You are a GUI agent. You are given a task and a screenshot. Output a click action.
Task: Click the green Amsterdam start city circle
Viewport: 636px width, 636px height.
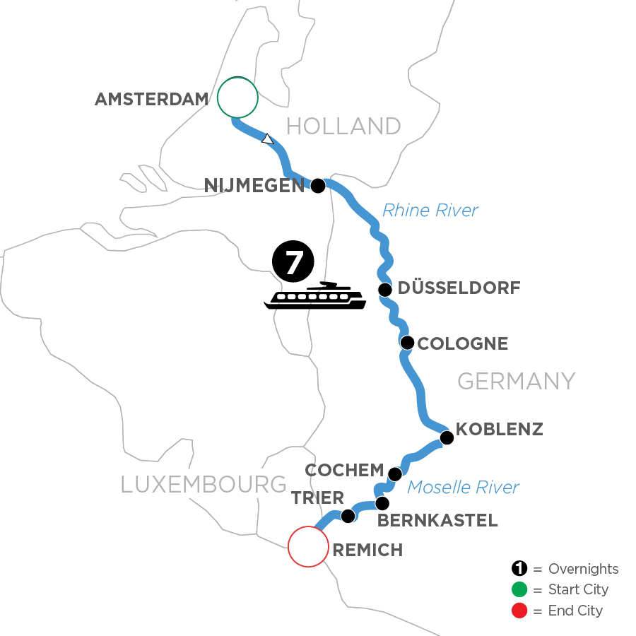237,98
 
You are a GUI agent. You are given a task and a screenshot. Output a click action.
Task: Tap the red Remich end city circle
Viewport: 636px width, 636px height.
308,546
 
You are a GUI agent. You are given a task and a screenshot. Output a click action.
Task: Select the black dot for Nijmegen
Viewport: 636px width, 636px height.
318,186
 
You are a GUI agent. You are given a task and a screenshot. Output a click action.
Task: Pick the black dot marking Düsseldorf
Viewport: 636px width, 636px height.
385,290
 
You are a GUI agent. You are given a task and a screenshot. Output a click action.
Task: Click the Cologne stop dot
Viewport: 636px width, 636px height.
407,343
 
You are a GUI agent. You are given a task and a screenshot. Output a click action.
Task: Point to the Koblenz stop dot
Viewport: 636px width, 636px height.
447,438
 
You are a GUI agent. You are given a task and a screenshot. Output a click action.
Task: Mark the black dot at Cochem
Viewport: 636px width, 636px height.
395,474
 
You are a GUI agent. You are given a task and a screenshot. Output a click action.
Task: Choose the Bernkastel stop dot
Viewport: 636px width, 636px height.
382,504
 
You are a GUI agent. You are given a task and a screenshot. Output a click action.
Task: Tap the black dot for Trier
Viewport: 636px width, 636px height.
348,517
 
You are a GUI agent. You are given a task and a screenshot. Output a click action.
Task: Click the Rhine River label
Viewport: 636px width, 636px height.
430,210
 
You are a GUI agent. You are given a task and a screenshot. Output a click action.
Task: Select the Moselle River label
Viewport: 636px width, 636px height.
464,487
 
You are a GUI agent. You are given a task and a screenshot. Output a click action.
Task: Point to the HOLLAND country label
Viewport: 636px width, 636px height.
343,126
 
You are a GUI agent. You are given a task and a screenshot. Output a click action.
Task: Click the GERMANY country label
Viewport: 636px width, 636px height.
516,382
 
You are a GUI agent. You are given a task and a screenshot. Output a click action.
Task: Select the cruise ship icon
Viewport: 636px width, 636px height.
315,297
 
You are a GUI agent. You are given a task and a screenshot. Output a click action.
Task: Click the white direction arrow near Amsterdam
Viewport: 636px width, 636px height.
267,139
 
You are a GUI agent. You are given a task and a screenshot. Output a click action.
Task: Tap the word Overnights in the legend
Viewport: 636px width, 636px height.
584,569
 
